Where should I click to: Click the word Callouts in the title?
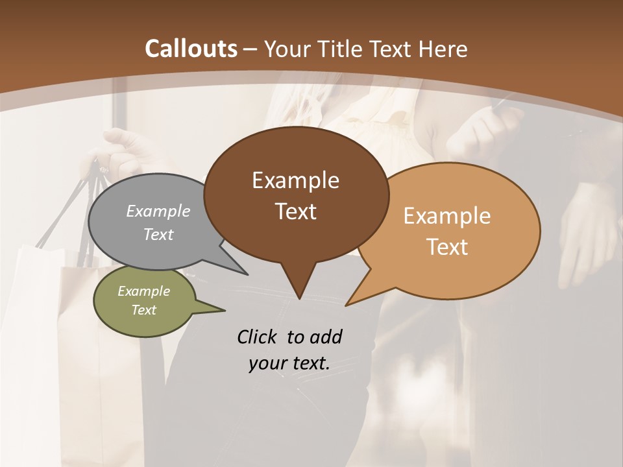point(191,49)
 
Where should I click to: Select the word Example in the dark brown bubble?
point(295,180)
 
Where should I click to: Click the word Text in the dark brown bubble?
point(295,211)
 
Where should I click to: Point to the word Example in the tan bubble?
point(447,216)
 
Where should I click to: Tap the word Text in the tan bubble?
point(447,247)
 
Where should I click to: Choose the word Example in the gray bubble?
point(158,211)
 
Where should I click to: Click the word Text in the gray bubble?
point(158,234)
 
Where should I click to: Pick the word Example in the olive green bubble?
point(143,291)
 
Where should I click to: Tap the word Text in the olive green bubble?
point(143,310)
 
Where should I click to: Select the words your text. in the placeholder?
point(289,363)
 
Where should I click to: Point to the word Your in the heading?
point(285,49)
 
